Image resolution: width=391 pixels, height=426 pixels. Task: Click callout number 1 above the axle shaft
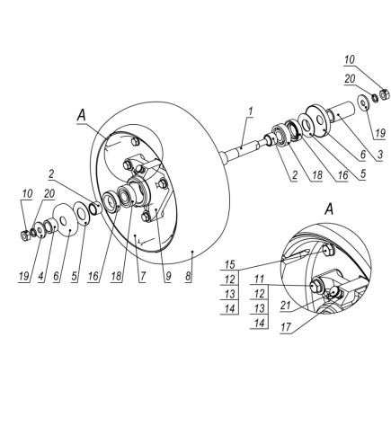tap(250, 111)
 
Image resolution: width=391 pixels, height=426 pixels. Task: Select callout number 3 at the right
tap(380, 155)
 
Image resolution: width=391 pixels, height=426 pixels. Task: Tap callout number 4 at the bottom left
tap(41, 276)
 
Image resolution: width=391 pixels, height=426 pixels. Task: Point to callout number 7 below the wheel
tap(142, 276)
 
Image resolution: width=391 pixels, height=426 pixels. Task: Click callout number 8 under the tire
tap(188, 276)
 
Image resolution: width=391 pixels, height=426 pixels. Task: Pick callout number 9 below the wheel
tap(168, 276)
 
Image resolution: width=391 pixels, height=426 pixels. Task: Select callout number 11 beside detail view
tap(259, 280)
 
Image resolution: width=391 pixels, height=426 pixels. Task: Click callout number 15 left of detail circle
tap(230, 264)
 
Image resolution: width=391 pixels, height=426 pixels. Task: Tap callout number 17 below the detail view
tap(286, 327)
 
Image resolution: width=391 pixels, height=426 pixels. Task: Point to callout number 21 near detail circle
tap(286, 306)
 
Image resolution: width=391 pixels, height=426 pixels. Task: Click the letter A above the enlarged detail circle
tap(329, 209)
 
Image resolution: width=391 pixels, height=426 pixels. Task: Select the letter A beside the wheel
tap(81, 115)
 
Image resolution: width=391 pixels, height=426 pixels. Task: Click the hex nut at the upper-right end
tap(384, 94)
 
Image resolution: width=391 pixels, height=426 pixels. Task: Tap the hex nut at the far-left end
tap(25, 235)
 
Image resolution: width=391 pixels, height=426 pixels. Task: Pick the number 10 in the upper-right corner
tap(349, 59)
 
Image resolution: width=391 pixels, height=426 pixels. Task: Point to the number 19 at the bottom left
tap(24, 276)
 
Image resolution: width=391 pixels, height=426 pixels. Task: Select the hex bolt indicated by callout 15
tap(329, 250)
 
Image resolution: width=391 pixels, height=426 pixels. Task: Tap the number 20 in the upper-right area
tap(350, 78)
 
